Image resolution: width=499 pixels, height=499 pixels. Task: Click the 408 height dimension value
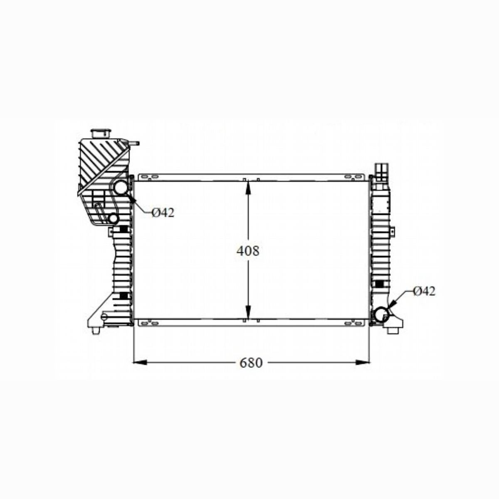[248, 251]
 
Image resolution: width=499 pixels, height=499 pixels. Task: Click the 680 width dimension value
[251, 363]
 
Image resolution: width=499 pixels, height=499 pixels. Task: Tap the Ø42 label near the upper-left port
[163, 213]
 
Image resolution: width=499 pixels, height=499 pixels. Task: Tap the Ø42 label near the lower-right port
[424, 291]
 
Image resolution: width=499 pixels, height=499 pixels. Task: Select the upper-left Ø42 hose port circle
[121, 188]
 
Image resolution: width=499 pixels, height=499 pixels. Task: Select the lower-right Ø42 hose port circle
[381, 315]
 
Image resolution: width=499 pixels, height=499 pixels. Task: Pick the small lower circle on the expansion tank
[113, 218]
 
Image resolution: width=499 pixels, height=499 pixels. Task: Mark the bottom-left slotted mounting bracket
[150, 322]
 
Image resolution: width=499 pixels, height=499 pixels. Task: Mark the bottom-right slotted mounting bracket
[352, 322]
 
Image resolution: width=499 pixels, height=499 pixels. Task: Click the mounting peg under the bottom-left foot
[96, 331]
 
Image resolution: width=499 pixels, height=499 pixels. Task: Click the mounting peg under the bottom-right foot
[393, 331]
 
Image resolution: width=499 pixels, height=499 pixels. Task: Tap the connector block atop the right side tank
[382, 170]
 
